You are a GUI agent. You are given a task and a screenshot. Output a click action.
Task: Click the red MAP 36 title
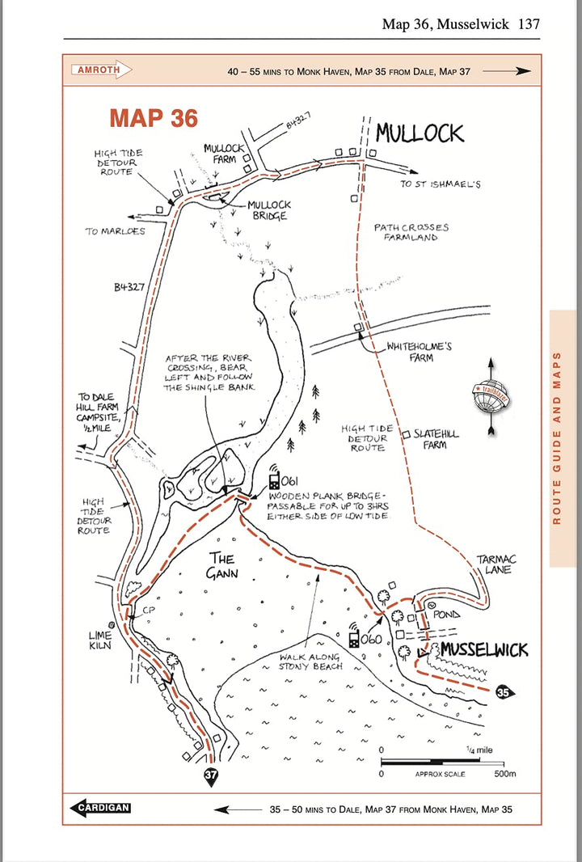154,118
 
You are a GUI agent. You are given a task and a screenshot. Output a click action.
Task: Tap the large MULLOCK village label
420,133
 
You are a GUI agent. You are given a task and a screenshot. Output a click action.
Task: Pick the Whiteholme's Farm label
419,352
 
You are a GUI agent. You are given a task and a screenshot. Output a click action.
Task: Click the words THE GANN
221,564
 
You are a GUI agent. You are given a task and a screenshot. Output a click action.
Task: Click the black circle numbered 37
210,775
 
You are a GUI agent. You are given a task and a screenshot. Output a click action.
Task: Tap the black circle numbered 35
504,692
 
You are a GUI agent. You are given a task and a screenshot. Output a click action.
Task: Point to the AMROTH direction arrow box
101,70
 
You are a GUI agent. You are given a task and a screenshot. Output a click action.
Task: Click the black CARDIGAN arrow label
101,808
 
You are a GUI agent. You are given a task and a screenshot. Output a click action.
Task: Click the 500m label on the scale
504,774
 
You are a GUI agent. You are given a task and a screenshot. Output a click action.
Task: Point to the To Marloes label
115,231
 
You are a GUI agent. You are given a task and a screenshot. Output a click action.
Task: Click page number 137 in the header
529,24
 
